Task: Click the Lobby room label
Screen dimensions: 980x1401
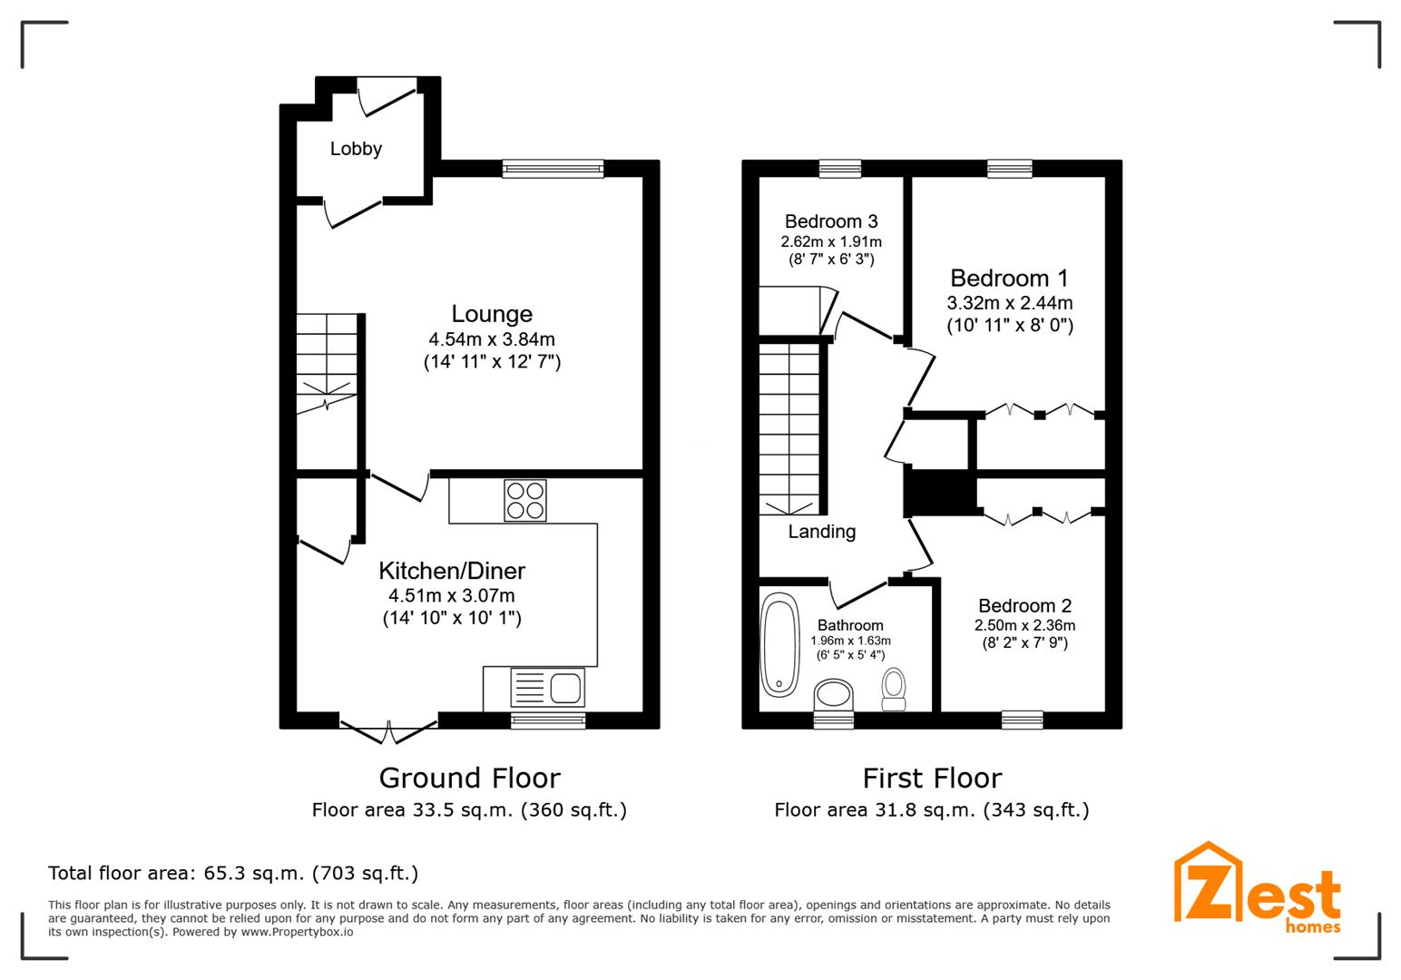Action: coord(356,149)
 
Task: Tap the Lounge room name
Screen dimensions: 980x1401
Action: coord(492,314)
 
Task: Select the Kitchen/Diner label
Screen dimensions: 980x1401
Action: coord(451,571)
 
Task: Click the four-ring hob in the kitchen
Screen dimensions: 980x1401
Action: coord(525,500)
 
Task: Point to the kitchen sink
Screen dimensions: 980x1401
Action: coord(547,688)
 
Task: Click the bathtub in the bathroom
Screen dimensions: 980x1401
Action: coord(779,644)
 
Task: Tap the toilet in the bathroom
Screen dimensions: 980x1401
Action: coord(894,690)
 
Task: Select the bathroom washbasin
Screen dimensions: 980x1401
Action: coord(834,698)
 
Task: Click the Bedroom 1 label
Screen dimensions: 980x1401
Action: coord(1009,279)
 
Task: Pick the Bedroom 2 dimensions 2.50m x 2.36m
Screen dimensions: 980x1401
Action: coord(1024,625)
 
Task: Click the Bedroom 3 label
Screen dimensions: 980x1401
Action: coord(831,221)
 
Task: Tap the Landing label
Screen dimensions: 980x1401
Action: coord(821,532)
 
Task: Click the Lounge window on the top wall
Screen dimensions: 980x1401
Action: coord(553,168)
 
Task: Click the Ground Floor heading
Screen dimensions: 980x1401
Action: coord(469,778)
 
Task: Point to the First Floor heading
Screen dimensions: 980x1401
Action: coord(932,778)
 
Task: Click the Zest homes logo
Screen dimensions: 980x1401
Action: coord(1257,889)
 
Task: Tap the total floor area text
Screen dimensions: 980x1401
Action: coord(233,874)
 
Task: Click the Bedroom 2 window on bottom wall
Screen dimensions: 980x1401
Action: coord(1022,720)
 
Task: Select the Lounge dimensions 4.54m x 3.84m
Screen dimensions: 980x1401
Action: coord(492,339)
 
